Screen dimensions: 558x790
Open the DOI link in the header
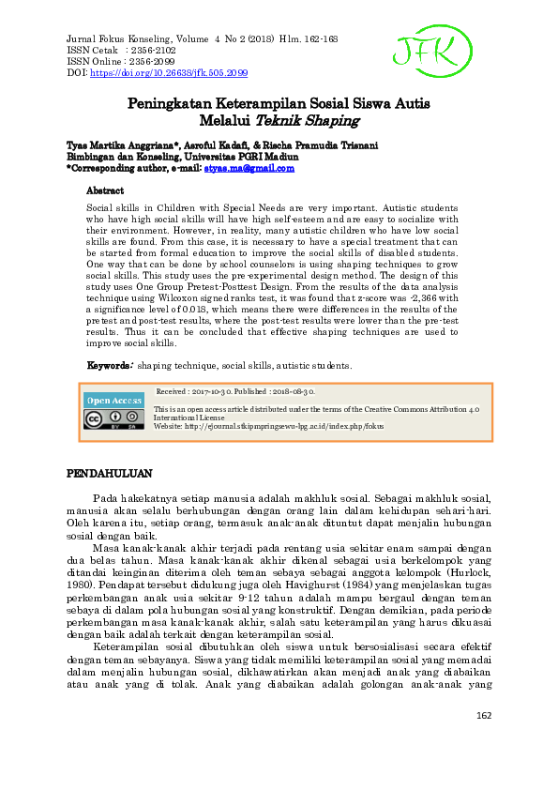[169, 72]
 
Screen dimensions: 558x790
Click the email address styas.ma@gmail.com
[249, 169]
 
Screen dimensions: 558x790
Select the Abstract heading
[104, 190]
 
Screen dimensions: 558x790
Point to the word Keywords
[109, 365]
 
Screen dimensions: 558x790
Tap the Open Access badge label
[114, 401]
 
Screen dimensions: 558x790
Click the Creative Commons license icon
[114, 418]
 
